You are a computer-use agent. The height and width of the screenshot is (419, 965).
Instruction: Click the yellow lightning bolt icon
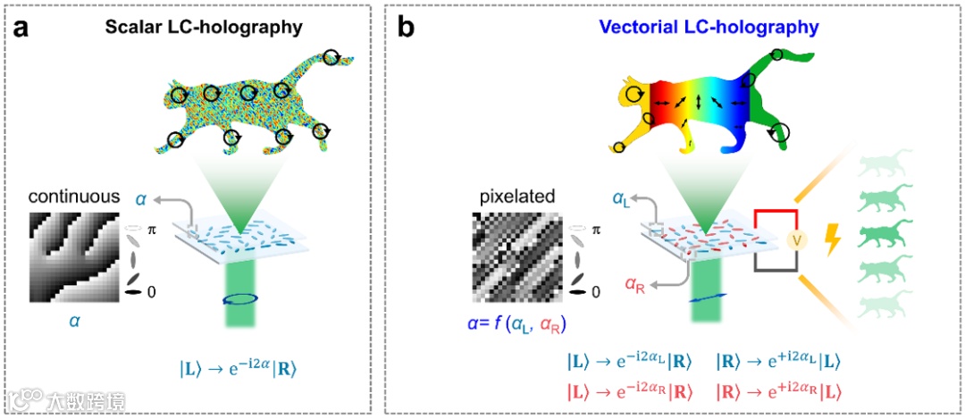[835, 242]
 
